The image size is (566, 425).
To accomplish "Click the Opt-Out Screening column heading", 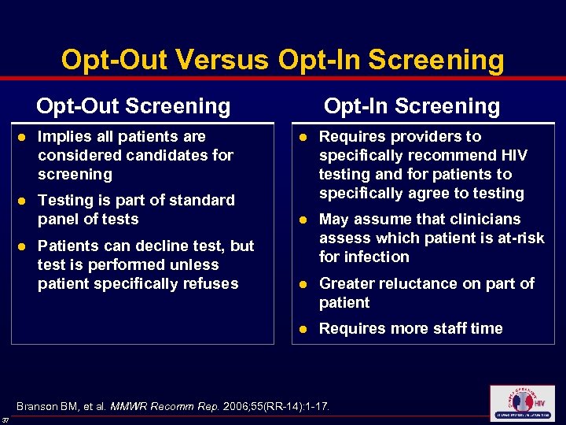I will coord(134,105).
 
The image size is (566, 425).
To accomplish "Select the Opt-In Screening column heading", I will coord(412,105).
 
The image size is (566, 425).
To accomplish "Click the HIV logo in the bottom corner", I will coord(521,403).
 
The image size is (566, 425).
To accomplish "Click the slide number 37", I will coord(6,419).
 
